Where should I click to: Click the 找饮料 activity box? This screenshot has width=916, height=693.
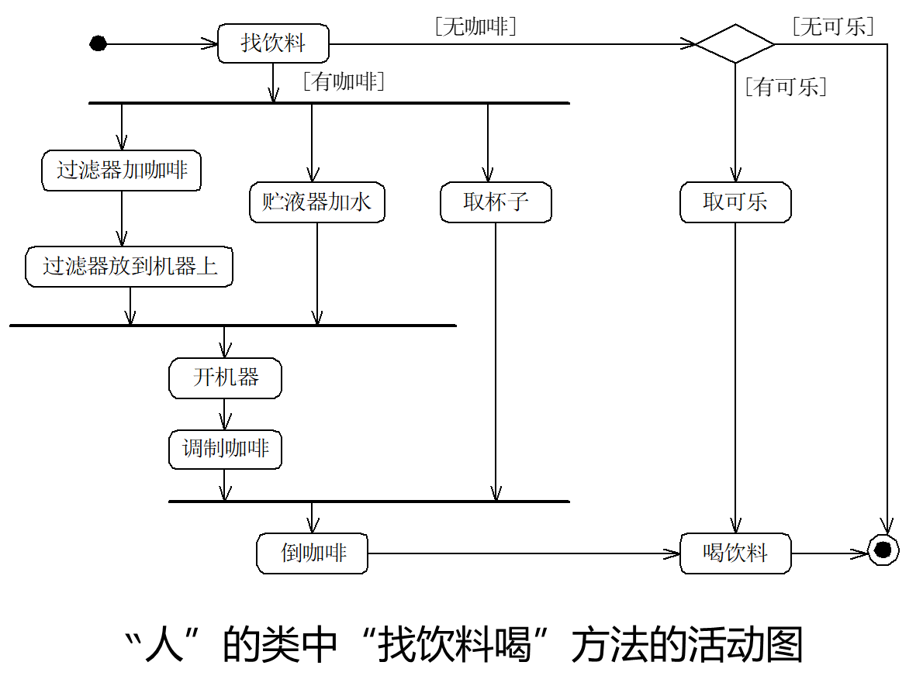pos(273,43)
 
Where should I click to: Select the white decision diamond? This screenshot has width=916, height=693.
pos(735,43)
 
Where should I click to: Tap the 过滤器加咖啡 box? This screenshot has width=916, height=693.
pos(121,170)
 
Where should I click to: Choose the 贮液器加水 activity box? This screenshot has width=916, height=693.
pos(316,202)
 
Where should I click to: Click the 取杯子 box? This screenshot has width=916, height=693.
pos(496,202)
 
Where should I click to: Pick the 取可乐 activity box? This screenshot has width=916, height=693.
pos(735,202)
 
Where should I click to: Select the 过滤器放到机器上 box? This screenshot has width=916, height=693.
pos(129,267)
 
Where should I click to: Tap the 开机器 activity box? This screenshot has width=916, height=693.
pos(225,378)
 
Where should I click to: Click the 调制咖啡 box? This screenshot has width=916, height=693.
pos(225,449)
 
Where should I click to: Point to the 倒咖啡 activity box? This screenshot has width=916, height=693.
pos(312,553)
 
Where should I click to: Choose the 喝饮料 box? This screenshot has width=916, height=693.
pos(735,553)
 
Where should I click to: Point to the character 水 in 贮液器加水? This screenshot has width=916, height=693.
pos(361,202)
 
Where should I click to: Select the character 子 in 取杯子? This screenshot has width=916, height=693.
pos(518,202)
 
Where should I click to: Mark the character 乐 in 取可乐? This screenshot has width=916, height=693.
pos(757,202)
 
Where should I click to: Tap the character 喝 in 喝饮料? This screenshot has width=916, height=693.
pos(714,553)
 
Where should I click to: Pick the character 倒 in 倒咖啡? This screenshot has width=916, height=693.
pos(291,553)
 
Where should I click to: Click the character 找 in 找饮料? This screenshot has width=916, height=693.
pos(251,43)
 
